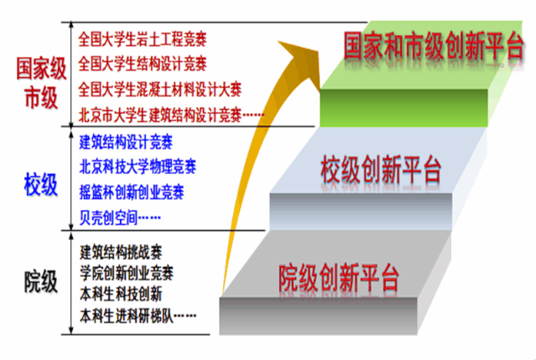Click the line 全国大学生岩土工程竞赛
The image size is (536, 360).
[x=143, y=39]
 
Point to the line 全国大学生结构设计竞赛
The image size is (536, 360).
[x=143, y=63]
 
